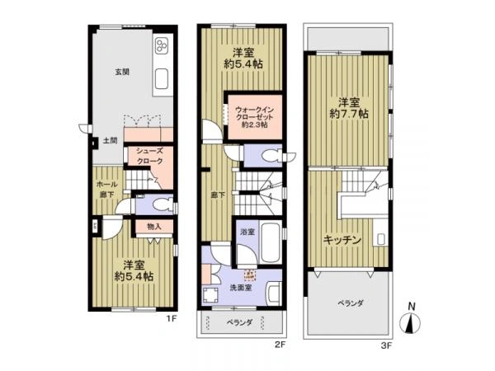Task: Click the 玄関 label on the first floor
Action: tap(121, 72)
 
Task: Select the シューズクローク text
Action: tap(149, 156)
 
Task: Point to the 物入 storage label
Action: tap(154, 226)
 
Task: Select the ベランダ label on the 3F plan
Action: tap(350, 303)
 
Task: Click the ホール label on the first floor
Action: tap(105, 184)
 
